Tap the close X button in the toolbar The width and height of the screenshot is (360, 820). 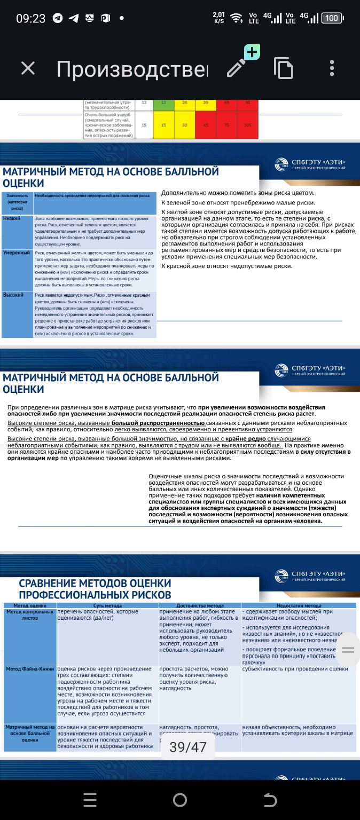pyautogui.click(x=28, y=68)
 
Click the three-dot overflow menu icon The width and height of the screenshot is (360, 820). pyautogui.click(x=332, y=68)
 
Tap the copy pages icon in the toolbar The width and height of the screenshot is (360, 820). pyautogui.click(x=284, y=68)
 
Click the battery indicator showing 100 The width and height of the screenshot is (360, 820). pyautogui.click(x=332, y=18)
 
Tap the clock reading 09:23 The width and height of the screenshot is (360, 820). pyautogui.click(x=30, y=18)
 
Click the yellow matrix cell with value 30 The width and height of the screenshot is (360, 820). pyautogui.click(x=184, y=125)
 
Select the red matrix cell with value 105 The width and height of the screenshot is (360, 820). pyautogui.click(x=247, y=125)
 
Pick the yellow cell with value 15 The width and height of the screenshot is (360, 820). pyautogui.click(x=164, y=125)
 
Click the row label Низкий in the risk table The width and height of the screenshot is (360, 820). pyautogui.click(x=12, y=219)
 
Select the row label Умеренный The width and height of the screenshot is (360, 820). pyautogui.click(x=17, y=253)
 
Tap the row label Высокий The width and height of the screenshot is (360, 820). pyautogui.click(x=13, y=295)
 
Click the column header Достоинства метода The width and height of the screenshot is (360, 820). pyautogui.click(x=200, y=606)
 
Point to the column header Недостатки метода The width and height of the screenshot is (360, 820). pyautogui.click(x=299, y=606)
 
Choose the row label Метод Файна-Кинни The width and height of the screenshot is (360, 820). pyautogui.click(x=29, y=669)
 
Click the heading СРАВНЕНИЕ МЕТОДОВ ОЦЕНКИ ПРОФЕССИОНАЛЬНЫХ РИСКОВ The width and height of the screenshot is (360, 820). pyautogui.click(x=95, y=588)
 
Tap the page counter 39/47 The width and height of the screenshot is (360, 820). pyautogui.click(x=187, y=747)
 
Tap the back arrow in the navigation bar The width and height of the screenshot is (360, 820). pyautogui.click(x=270, y=799)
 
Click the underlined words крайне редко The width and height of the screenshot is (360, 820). pyautogui.click(x=246, y=438)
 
